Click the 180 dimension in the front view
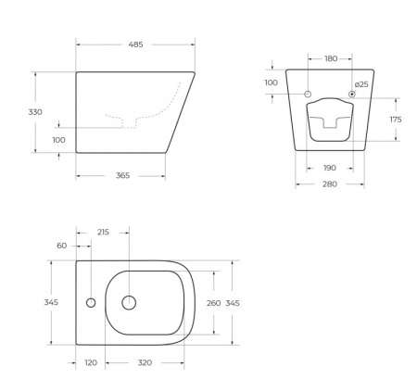(331, 59)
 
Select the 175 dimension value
(395, 120)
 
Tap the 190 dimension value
(330, 169)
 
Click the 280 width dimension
(330, 185)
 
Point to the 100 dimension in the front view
(272, 83)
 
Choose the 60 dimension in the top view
(62, 246)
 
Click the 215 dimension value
(103, 232)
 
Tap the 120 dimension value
(91, 363)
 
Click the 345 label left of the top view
(52, 302)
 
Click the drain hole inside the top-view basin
(129, 302)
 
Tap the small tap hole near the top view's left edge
(91, 303)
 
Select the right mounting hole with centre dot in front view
(353, 95)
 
